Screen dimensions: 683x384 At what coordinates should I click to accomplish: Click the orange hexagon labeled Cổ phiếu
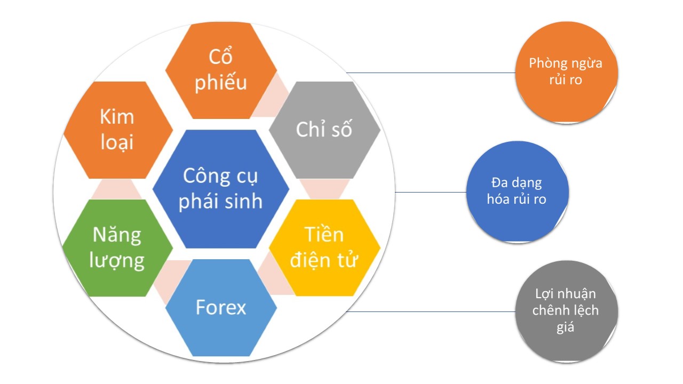click(x=221, y=70)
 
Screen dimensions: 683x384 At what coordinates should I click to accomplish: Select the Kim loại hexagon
click(x=118, y=130)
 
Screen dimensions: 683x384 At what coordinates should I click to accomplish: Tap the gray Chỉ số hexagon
click(x=324, y=130)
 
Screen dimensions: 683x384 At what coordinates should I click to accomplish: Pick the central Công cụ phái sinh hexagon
click(x=221, y=189)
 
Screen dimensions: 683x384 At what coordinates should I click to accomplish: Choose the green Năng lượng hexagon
click(x=117, y=248)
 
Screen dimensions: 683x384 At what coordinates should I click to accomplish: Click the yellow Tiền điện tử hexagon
click(x=324, y=248)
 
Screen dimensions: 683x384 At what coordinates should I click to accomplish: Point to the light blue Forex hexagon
click(x=221, y=308)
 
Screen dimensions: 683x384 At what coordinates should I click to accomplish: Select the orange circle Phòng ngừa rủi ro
click(x=567, y=73)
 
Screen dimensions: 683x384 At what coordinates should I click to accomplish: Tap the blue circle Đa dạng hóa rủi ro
click(x=518, y=192)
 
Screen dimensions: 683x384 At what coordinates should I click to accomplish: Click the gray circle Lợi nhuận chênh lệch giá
click(x=567, y=311)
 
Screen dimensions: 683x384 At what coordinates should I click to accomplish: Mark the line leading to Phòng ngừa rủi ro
click(x=431, y=73)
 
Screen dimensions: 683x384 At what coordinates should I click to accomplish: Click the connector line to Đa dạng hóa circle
click(x=431, y=193)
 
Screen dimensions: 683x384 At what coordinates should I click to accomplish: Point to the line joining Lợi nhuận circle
click(x=431, y=312)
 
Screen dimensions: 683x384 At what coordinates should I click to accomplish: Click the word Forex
click(x=221, y=307)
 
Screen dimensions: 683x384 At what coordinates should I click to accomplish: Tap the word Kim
click(x=117, y=117)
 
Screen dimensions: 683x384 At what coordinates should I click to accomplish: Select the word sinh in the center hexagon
click(x=242, y=201)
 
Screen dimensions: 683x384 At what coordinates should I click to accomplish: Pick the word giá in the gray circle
click(x=565, y=327)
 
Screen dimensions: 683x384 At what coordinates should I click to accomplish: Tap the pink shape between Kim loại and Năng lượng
click(x=116, y=189)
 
